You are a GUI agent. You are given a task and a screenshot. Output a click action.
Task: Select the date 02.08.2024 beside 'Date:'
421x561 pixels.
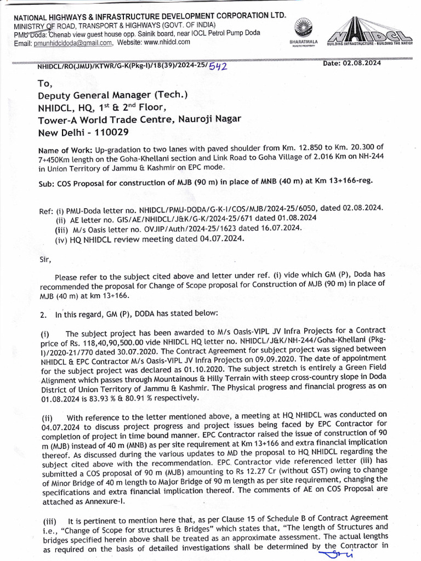361,63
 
